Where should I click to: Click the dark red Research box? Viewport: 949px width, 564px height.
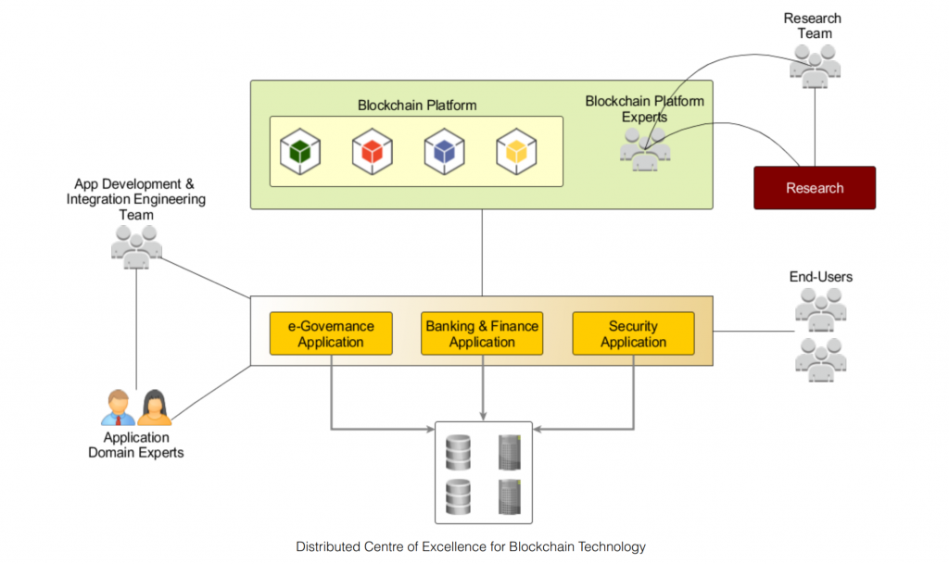point(815,188)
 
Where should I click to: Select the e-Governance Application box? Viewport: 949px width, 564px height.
point(331,333)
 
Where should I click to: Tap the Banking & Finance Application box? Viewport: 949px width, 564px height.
point(482,333)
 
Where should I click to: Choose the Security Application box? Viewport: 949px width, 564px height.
point(633,333)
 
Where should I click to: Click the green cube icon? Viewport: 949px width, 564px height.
point(300,151)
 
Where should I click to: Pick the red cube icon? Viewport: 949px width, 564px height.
point(372,151)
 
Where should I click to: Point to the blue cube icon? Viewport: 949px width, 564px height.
point(444,151)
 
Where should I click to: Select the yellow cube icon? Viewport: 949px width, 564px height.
point(515,151)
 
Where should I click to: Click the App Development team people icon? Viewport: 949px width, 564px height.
point(136,246)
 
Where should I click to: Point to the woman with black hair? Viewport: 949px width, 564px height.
point(155,407)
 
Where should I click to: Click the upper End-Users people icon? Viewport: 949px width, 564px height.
point(821,309)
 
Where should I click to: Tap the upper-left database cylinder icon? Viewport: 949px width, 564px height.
point(459,451)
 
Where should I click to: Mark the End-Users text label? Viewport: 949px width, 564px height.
point(821,277)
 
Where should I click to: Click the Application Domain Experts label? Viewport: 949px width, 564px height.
point(136,445)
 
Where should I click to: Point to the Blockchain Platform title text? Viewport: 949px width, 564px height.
point(417,105)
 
